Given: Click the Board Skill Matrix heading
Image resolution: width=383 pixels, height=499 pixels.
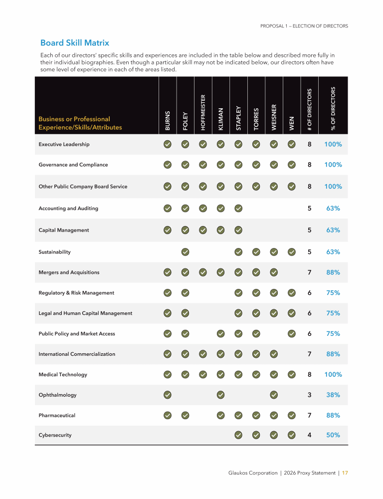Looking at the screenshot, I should coord(74,43).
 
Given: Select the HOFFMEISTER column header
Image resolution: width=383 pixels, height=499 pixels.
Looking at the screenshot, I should coord(203,112).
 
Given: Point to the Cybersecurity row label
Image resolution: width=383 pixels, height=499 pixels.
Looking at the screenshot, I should coord(55,435).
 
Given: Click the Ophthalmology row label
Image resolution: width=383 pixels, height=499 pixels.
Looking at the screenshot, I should coord(57,395).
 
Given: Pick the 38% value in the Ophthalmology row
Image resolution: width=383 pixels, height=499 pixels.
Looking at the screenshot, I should coord(333,395).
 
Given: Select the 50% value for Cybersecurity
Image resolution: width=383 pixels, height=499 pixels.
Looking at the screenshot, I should coord(333,435).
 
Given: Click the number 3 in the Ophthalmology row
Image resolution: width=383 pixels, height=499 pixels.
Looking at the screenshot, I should coord(309,395).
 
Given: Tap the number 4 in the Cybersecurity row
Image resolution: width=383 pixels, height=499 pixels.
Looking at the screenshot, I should coord(309,435).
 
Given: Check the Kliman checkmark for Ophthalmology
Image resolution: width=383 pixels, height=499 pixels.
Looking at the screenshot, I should coord(220,395).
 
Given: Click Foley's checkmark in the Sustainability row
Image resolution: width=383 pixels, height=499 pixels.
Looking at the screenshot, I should coord(185,252).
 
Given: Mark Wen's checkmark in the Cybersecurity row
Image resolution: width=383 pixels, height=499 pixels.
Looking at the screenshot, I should coord(292,435).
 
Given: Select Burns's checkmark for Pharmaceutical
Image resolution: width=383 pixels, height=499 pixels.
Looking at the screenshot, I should coord(168,415).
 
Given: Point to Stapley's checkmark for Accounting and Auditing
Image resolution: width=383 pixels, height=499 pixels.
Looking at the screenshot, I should coord(238,208).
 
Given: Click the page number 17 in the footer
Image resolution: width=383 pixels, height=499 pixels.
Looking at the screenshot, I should coord(345,473).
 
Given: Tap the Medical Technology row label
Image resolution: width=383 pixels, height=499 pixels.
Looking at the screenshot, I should coord(63,374).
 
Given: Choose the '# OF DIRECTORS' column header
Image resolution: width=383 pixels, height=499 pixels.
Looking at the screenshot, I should coord(310,110).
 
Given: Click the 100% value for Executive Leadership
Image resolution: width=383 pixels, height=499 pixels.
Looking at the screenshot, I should coord(333,144).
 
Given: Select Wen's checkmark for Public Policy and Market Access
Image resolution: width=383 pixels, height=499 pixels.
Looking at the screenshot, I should coord(292,333).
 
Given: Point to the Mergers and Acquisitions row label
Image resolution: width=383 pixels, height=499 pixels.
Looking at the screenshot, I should coord(69,272).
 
